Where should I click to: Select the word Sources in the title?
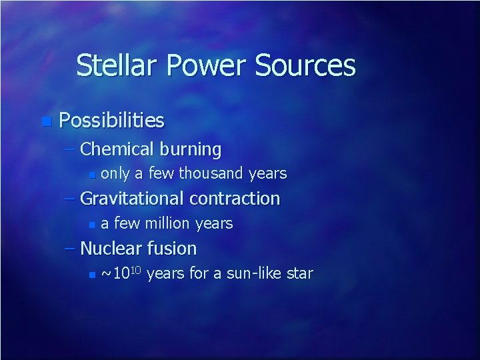[305, 65]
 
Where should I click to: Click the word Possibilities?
[111, 121]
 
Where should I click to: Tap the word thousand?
[211, 174]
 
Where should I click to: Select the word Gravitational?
[133, 199]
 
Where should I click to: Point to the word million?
[164, 223]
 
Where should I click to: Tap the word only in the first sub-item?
[115, 174]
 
